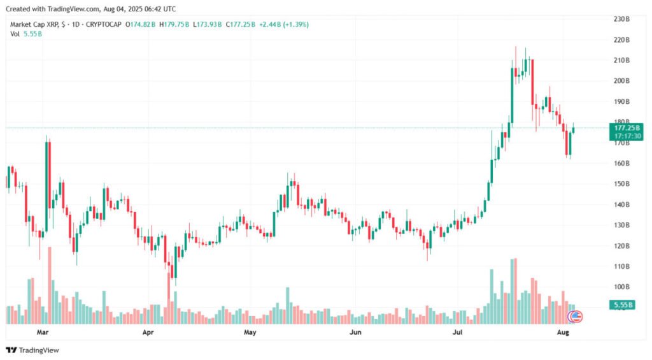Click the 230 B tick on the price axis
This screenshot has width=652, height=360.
click(621, 19)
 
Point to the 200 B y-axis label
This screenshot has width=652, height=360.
click(621, 81)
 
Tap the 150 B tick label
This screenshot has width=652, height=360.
click(621, 184)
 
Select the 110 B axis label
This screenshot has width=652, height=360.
click(621, 266)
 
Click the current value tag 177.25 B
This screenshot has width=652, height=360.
click(621, 127)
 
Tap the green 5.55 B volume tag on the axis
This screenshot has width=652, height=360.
click(621, 305)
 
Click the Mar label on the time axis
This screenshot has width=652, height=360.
click(43, 332)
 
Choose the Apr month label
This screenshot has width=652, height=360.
click(148, 332)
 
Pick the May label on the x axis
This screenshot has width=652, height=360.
click(250, 332)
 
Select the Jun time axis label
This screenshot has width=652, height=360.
click(355, 332)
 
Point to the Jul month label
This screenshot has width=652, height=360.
click(458, 332)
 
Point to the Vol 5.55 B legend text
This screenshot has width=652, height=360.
click(25, 33)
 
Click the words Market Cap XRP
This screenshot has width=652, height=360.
click(34, 24)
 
